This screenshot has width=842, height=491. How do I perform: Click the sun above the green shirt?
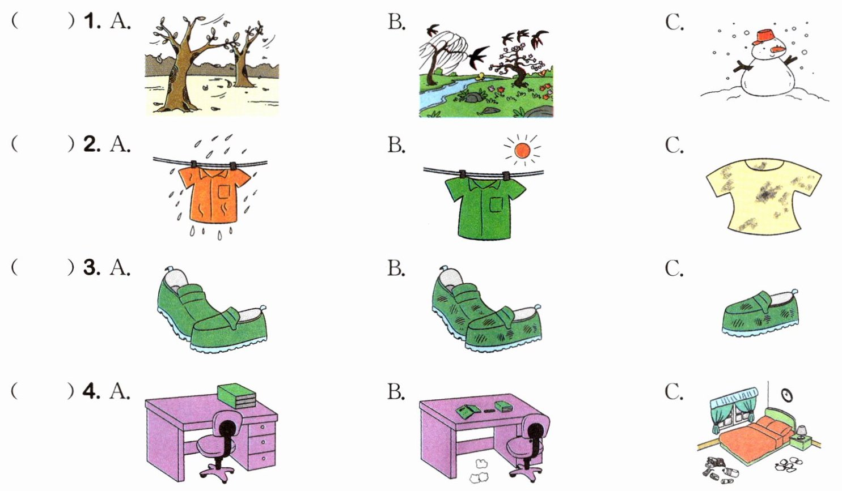[522, 150]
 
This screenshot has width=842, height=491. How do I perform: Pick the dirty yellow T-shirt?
[763, 196]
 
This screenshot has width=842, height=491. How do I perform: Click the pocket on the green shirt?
[497, 203]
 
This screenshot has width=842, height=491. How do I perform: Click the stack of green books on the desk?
[236, 394]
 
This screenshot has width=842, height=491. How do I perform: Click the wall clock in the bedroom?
[786, 395]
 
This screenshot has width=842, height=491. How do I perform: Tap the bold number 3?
[90, 267]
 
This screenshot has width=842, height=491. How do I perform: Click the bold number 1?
[90, 22]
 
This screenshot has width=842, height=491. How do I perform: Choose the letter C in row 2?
[674, 146]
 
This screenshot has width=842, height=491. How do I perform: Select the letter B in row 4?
[396, 392]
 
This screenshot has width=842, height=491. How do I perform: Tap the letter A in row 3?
[120, 267]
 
